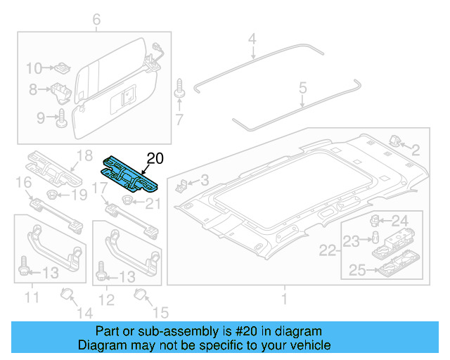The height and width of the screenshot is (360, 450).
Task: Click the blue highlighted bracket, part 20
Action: point(131,174)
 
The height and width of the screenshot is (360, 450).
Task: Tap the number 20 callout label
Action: point(154,158)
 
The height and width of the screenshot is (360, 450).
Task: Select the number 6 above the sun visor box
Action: point(96,20)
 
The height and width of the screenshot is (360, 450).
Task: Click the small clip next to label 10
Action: point(62,68)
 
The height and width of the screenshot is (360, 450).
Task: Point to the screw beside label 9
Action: point(60,117)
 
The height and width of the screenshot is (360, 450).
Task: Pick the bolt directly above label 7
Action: point(179,90)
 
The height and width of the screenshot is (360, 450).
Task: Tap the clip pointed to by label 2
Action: point(394,141)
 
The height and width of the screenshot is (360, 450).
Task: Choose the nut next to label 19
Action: point(53,194)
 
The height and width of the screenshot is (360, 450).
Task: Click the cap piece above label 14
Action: point(67,293)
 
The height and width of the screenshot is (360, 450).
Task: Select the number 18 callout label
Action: point(84,155)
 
